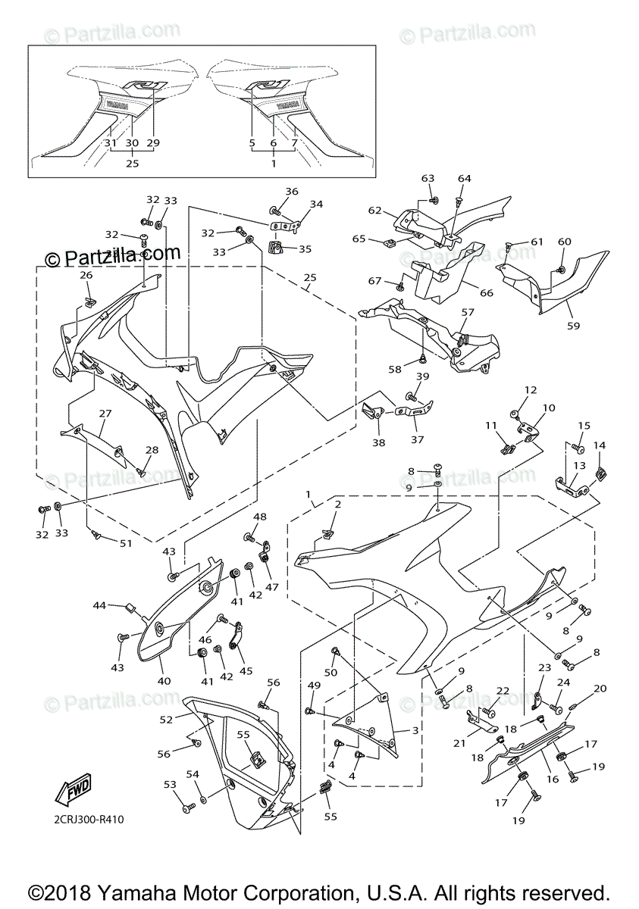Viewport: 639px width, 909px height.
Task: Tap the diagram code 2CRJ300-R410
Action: pyautogui.click(x=89, y=820)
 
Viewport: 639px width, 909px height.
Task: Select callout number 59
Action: pyautogui.click(x=573, y=326)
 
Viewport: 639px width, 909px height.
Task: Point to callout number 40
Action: pyautogui.click(x=164, y=680)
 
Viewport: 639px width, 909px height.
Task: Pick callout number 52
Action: pyautogui.click(x=166, y=718)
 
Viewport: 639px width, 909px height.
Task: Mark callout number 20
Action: pyautogui.click(x=600, y=689)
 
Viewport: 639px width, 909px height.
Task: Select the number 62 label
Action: pyautogui.click(x=375, y=211)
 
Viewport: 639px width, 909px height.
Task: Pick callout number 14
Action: pyautogui.click(x=599, y=445)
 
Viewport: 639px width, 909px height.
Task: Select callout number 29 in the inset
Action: pyautogui.click(x=155, y=143)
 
